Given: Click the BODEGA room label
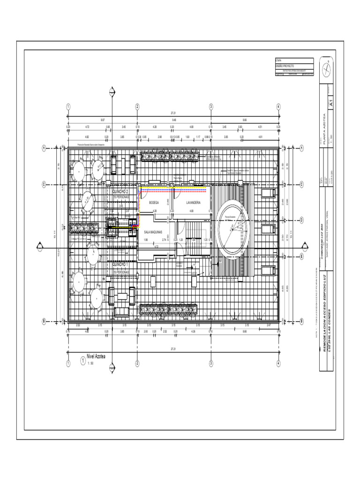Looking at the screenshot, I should tap(154, 202).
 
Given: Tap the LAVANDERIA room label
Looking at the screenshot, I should tap(193, 202).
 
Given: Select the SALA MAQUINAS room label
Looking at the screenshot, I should tap(154, 232).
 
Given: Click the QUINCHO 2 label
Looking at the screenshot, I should tap(120, 191).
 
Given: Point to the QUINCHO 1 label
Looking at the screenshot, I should tap(120, 265).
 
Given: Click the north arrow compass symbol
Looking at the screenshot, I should tap(326, 68).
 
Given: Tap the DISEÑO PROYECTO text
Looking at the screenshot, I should tap(285, 67).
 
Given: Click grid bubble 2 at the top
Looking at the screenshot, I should tap(137, 106).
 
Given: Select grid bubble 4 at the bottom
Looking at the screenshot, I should tap(278, 363).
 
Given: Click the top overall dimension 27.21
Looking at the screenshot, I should tap(173, 113).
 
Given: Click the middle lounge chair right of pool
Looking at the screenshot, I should tap(268, 229).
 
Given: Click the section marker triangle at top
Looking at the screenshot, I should tap(112, 91).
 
